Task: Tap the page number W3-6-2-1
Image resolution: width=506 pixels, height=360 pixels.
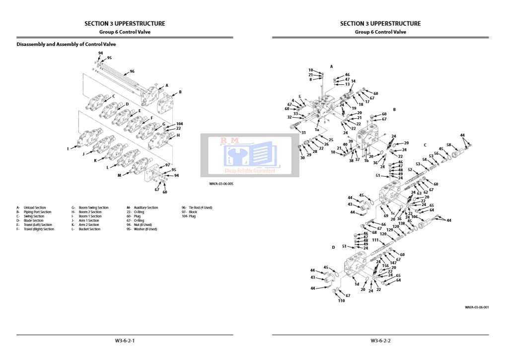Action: [125, 341]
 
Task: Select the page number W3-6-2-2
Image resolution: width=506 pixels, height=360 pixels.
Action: [380, 341]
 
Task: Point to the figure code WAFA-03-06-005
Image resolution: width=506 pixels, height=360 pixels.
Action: [221, 184]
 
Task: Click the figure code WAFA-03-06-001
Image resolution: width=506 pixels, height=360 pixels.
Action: [477, 307]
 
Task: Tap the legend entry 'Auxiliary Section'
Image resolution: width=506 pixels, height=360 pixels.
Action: [145, 208]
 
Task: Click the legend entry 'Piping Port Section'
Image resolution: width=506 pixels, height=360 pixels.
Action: [37, 212]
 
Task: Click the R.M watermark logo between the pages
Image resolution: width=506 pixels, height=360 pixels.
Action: [250, 155]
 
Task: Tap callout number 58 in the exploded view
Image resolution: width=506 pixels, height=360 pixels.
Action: [448, 145]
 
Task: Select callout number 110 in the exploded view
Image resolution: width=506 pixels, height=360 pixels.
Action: [341, 301]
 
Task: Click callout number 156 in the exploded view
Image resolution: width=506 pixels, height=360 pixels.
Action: [385, 266]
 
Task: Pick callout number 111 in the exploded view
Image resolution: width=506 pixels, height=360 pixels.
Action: [375, 240]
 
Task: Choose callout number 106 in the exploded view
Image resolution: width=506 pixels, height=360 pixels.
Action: [415, 216]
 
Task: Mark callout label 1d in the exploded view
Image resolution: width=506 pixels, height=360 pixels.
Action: [357, 284]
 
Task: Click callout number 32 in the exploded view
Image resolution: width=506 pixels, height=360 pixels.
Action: [289, 117]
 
